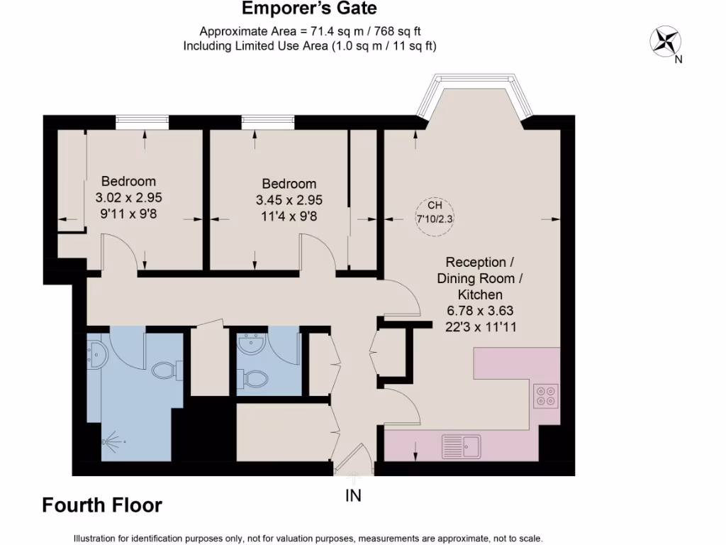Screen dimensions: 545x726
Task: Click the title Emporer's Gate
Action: (309, 9)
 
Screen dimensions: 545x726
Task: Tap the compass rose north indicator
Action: (665, 41)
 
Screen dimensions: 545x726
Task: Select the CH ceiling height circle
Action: (434, 211)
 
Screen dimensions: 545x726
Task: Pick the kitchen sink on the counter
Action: (461, 446)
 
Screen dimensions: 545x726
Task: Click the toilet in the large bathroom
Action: (164, 370)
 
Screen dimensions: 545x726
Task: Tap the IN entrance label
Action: (353, 496)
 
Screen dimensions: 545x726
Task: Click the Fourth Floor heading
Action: (102, 505)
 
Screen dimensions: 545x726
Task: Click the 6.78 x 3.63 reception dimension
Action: (479, 310)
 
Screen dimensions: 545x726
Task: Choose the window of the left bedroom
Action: (142, 123)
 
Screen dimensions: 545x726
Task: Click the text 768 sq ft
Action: (405, 31)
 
